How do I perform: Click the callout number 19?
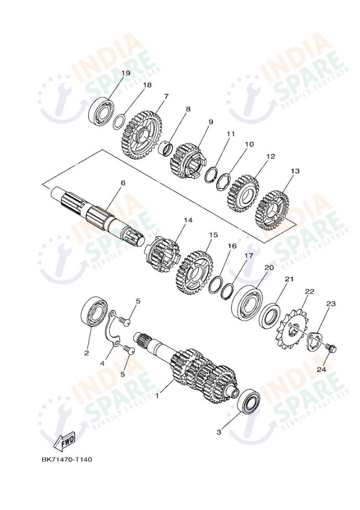click(126, 73)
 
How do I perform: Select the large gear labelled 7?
click(142, 135)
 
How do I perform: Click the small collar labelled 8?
click(166, 148)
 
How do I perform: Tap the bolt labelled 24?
click(331, 348)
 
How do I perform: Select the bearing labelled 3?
click(249, 401)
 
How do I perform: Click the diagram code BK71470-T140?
click(67, 459)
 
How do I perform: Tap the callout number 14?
click(188, 220)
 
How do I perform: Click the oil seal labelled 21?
click(270, 314)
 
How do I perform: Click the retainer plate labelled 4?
click(113, 329)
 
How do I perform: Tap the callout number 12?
click(270, 156)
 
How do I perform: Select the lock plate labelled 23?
click(315, 341)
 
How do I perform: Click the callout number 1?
click(157, 396)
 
